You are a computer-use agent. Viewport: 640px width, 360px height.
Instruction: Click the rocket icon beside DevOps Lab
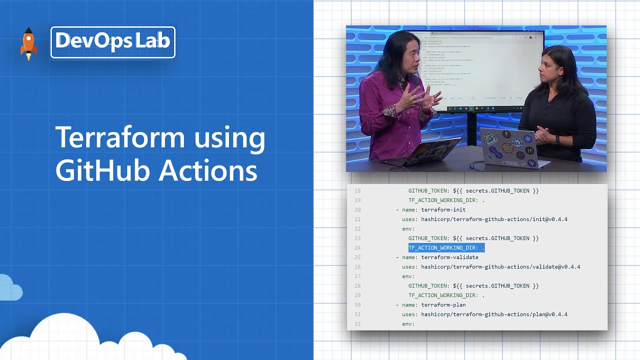(x=28, y=43)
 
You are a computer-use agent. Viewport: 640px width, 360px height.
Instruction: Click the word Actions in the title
(x=207, y=170)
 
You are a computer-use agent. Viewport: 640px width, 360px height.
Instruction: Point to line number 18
(x=357, y=191)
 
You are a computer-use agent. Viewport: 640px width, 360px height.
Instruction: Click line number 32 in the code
(x=357, y=324)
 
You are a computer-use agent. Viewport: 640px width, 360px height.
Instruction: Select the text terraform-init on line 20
(x=443, y=210)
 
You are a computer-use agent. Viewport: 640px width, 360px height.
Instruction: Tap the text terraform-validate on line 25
(x=449, y=257)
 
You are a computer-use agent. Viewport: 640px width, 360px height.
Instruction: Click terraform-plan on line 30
(x=443, y=305)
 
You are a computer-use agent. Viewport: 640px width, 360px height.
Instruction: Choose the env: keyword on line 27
(x=408, y=276)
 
